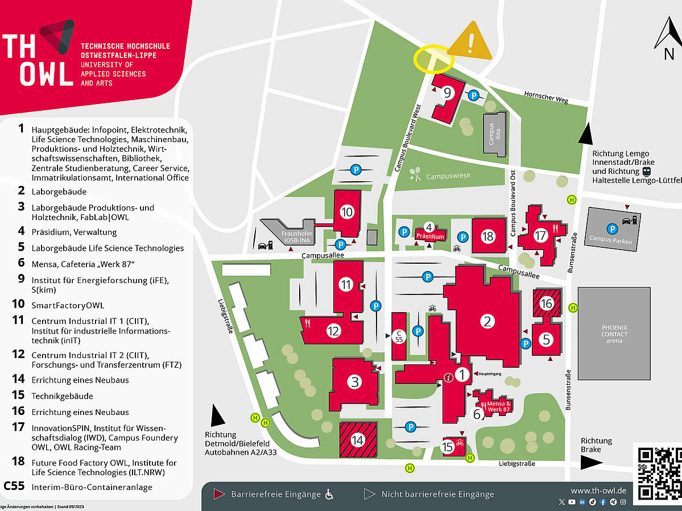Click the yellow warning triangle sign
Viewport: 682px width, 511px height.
pyautogui.click(x=470, y=42)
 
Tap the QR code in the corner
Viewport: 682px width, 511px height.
pyautogui.click(x=659, y=473)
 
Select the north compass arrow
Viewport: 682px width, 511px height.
pyautogui.click(x=668, y=36)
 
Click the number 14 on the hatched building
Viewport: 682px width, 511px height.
pyautogui.click(x=357, y=439)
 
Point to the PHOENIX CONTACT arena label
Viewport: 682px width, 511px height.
pyautogui.click(x=614, y=334)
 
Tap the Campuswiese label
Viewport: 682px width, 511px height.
pyautogui.click(x=448, y=176)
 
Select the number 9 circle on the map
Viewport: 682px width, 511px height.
pyautogui.click(x=448, y=93)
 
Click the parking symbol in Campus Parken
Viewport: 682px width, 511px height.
pyautogui.click(x=611, y=229)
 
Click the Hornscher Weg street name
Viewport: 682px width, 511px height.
pyautogui.click(x=545, y=97)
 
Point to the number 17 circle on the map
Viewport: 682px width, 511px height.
pyautogui.click(x=540, y=235)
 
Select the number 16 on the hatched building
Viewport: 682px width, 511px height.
pyautogui.click(x=546, y=304)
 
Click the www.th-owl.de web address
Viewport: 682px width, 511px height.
pyautogui.click(x=598, y=490)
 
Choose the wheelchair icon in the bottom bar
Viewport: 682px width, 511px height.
pyautogui.click(x=329, y=495)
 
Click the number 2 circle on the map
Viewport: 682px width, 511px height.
pyautogui.click(x=486, y=322)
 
